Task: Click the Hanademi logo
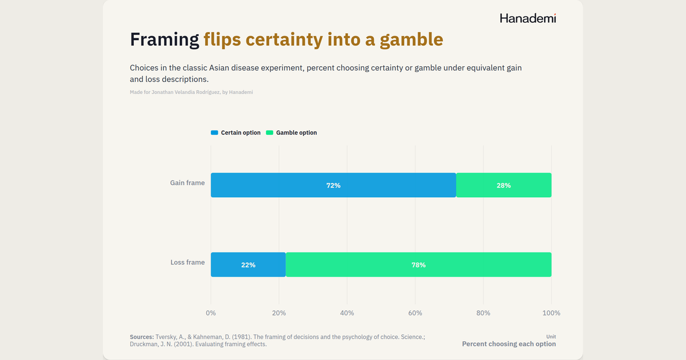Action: (528, 18)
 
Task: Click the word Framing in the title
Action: (165, 40)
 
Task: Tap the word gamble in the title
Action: (411, 40)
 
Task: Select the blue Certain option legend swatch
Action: (214, 133)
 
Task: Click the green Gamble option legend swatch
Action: (269, 133)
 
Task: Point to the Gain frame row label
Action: (188, 183)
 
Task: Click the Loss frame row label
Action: (188, 262)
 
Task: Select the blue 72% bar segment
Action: (333, 185)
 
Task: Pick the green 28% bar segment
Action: (504, 185)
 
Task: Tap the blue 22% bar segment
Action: (248, 265)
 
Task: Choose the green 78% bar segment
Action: (418, 265)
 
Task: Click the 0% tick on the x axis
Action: (211, 313)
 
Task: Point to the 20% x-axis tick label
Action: (279, 313)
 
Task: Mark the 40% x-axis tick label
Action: (347, 313)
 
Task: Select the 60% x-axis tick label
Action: (415, 313)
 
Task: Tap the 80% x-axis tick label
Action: (483, 313)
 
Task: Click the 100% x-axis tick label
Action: (551, 313)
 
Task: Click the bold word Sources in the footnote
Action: (142, 337)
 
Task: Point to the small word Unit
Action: (551, 337)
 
